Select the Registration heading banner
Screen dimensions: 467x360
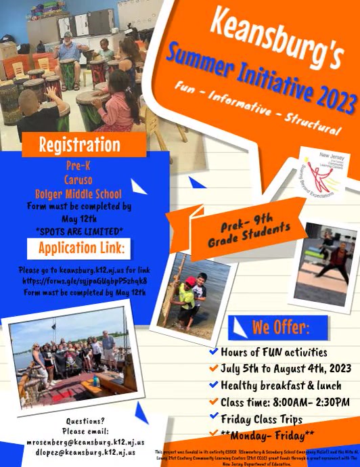[x=80, y=144]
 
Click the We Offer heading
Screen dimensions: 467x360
[x=280, y=328]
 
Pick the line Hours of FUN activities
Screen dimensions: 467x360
[x=273, y=353]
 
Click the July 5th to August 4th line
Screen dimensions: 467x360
[x=285, y=369]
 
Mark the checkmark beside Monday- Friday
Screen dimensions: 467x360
[x=214, y=433]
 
